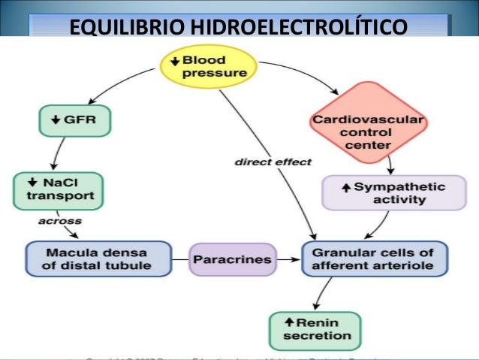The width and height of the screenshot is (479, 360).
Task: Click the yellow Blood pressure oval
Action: [208, 67]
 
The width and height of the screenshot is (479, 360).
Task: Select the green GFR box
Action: [73, 119]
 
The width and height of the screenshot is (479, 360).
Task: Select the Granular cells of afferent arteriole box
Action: [374, 259]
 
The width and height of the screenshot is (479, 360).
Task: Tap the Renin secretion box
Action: [315, 329]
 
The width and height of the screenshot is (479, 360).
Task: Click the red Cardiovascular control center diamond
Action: [367, 122]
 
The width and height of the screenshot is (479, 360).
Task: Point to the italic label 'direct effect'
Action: [273, 162]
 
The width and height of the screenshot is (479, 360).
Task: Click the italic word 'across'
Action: [60, 222]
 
